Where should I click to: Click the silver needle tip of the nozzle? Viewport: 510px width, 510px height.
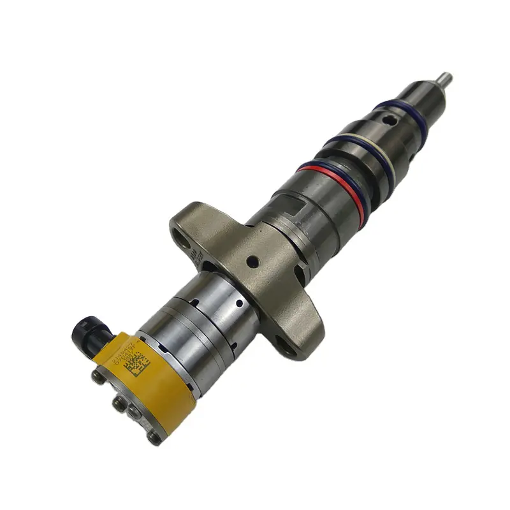click(446, 79)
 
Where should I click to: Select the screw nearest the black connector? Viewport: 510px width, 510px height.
click(99, 377)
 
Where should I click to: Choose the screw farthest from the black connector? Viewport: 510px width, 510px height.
click(154, 437)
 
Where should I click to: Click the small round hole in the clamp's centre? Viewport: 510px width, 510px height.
click(253, 261)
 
